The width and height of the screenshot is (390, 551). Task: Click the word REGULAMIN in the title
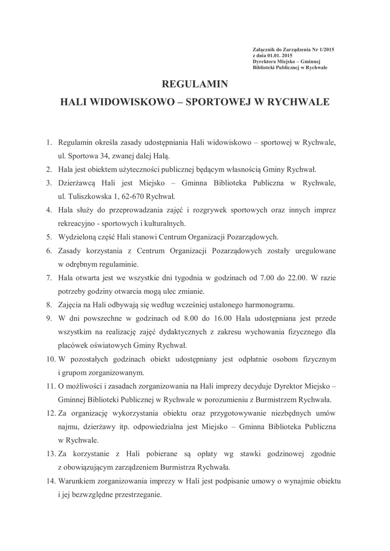click(195, 84)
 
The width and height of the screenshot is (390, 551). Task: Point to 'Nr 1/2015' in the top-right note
click(315, 50)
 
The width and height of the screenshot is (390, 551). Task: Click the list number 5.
click(48, 236)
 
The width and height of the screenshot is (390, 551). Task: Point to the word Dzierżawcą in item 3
click(77, 183)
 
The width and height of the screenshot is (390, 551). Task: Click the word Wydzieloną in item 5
click(78, 236)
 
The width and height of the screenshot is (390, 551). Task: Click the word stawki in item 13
click(234, 453)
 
